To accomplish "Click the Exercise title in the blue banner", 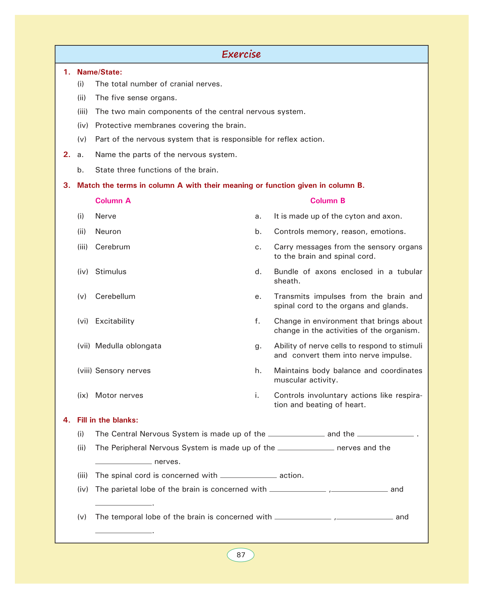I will tap(241, 54).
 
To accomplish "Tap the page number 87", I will tap(241, 555).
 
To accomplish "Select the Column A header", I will tap(113, 201).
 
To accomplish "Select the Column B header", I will tap(328, 201).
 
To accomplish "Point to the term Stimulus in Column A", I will tap(111, 271).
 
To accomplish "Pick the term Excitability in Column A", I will tap(115, 321).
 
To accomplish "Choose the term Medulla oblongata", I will tap(128, 346).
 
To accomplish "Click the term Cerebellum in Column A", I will tap(115, 296).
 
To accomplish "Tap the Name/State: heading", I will tap(100, 72).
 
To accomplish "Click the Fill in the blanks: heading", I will tap(107, 420).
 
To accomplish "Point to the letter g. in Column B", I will tap(258, 346).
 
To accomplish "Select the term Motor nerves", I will tap(119, 395).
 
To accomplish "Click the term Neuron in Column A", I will tap(108, 231).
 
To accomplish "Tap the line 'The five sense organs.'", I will tap(136, 97).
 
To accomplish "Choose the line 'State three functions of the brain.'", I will tap(157, 170).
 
